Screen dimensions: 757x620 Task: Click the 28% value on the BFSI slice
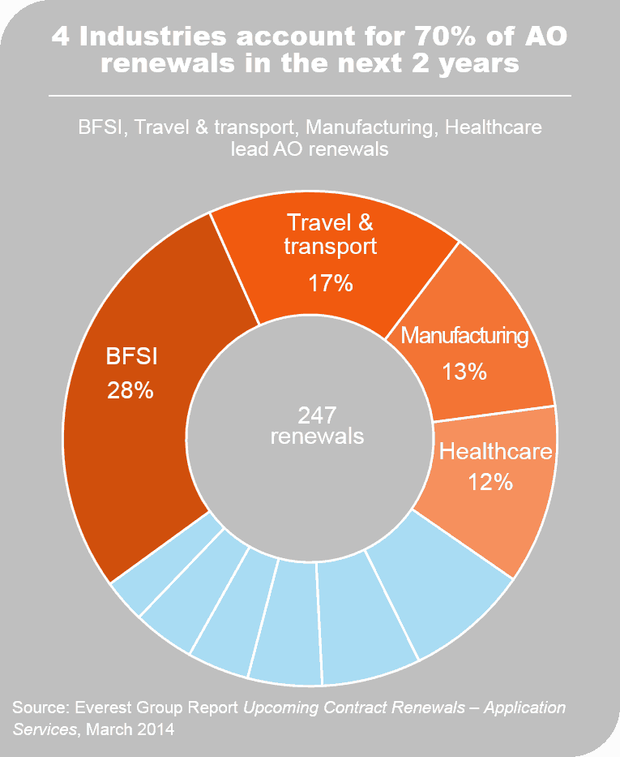130,390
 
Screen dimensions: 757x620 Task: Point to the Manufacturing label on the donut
464,335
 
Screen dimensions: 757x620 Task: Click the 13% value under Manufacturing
464,372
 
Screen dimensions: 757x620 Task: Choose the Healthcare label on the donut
496,451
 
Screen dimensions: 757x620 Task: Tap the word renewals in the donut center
317,436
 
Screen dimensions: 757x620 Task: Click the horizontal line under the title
310,96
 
